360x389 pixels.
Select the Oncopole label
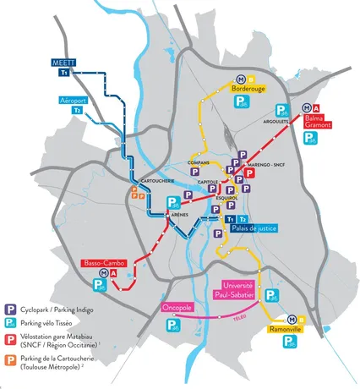click(x=176, y=308)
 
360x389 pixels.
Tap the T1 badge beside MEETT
click(x=63, y=74)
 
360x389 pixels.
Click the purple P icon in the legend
click(x=9, y=308)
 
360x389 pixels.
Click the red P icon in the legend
click(x=9, y=340)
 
